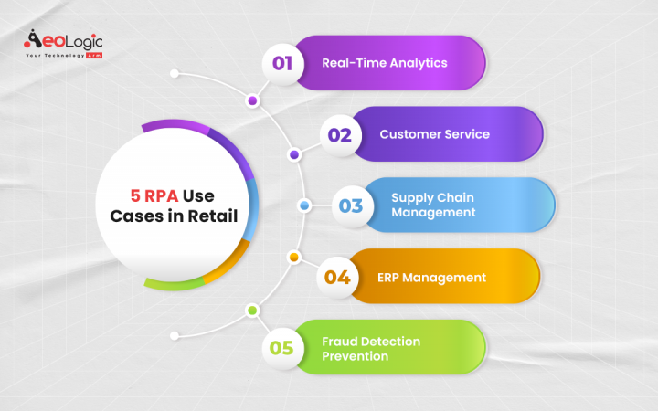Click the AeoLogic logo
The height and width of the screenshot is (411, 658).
point(63,41)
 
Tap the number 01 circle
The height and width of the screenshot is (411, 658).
point(282,64)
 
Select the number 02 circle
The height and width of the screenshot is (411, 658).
point(340,134)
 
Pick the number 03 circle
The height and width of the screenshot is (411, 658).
point(351,205)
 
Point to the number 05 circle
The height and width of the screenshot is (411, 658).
point(281,348)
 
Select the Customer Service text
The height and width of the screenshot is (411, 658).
point(434,134)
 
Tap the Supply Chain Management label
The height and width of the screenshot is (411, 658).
point(433,205)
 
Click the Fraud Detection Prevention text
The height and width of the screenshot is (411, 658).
point(371,348)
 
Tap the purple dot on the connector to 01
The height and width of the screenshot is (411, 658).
point(252,100)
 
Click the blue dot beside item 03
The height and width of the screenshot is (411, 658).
point(304,205)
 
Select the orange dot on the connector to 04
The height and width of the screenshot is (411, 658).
point(293,258)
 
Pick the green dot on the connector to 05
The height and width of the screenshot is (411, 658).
point(252,311)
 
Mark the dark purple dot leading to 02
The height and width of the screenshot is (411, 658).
point(293,154)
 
